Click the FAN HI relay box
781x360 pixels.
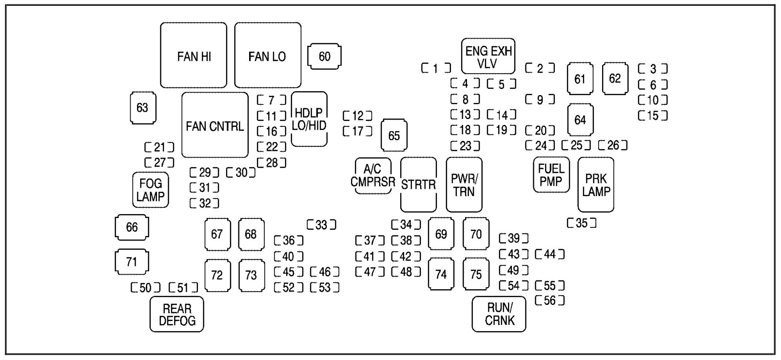[x=194, y=55]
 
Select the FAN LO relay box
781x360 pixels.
[x=268, y=55]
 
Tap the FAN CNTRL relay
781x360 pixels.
[x=215, y=125]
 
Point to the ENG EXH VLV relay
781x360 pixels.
[x=488, y=57]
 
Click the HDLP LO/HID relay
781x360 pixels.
[x=309, y=119]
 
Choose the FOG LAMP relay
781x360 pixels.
[x=151, y=190]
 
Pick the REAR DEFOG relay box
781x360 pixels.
[x=177, y=315]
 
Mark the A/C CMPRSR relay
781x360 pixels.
[x=373, y=176]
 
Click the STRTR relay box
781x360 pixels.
[x=418, y=184]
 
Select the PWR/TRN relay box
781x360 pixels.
[x=464, y=184]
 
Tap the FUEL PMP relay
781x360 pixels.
[x=551, y=175]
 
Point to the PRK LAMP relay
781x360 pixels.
[x=596, y=184]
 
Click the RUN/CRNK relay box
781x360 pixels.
[x=499, y=314]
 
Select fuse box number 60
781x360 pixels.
[x=324, y=57]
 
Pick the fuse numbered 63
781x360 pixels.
[x=142, y=107]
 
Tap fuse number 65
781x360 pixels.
[x=394, y=135]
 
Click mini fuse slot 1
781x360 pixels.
[x=436, y=68]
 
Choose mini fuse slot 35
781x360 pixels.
[x=582, y=223]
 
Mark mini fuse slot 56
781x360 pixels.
[x=549, y=300]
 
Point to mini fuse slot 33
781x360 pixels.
[x=321, y=225]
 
